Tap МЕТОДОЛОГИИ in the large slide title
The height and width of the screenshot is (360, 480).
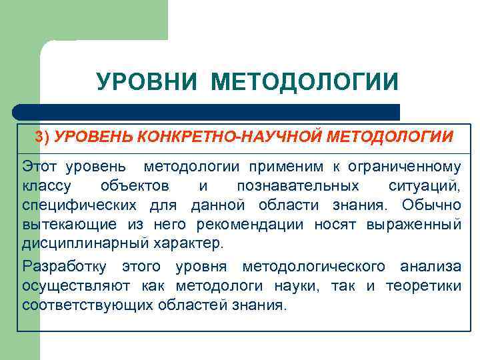305,83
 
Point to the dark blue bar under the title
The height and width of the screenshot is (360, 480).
207,112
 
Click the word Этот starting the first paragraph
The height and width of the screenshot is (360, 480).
41,166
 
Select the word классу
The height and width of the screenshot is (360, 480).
49,185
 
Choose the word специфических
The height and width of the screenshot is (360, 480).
81,205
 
